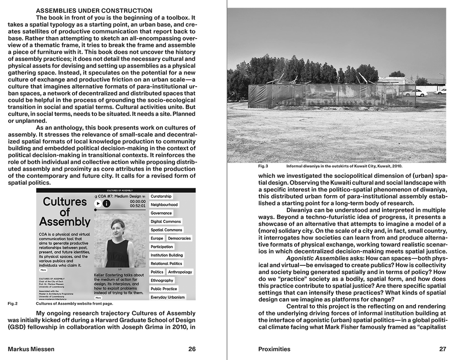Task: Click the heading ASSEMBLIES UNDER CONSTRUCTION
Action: pyautogui.click(x=94, y=11)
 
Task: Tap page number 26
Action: pyautogui.click(x=192, y=349)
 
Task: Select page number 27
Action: pyautogui.click(x=442, y=349)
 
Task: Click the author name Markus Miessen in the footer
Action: pyautogui.click(x=31, y=349)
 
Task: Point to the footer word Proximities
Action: pyautogui.click(x=274, y=349)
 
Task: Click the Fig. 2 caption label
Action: pyautogui.click(x=13, y=304)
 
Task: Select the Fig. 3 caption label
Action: pyautogui.click(x=263, y=166)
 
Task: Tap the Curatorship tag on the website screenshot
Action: pyautogui.click(x=161, y=196)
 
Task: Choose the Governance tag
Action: pyautogui.click(x=161, y=213)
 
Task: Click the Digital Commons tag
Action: pyautogui.click(x=166, y=221)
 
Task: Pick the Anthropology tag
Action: pyautogui.click(x=180, y=272)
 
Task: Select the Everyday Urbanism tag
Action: pyautogui.click(x=168, y=297)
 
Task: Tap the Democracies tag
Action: pyautogui.click(x=179, y=238)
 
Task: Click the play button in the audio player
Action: pyautogui.click(x=98, y=203)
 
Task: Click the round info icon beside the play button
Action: pyautogui.click(x=107, y=203)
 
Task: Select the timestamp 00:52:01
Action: pyautogui.click(x=138, y=206)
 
